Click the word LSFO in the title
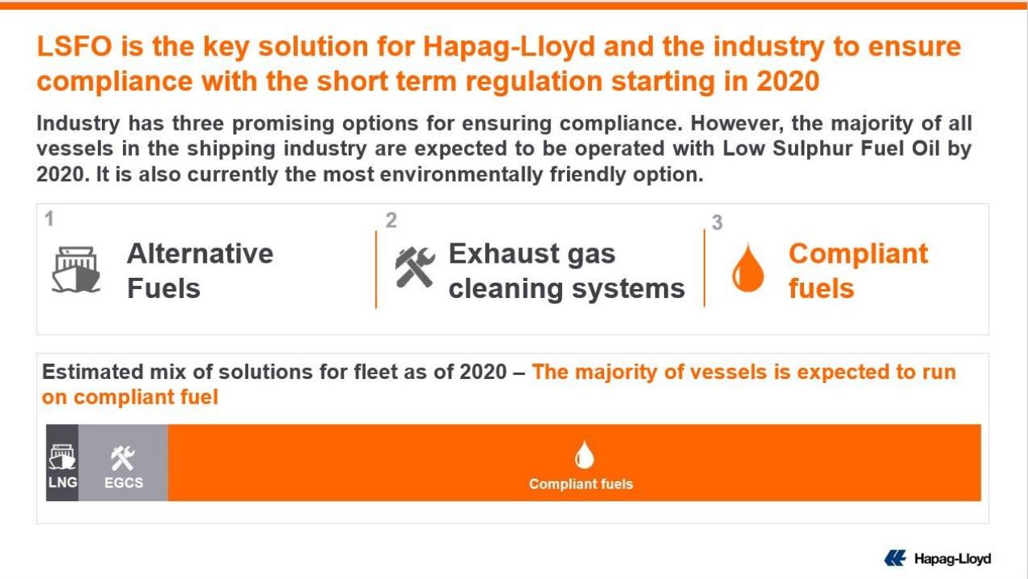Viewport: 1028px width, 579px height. (x=75, y=47)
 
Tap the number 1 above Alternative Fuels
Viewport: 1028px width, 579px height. (x=49, y=218)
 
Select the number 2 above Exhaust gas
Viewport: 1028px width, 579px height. (x=391, y=220)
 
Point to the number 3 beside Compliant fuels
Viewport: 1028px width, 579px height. (x=717, y=222)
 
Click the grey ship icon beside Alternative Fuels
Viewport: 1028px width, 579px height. (x=75, y=269)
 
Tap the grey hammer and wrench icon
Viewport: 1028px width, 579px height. (x=414, y=267)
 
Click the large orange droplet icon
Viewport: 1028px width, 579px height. (x=748, y=268)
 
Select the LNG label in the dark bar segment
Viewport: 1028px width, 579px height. (x=63, y=482)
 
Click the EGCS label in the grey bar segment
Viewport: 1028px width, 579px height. (x=124, y=483)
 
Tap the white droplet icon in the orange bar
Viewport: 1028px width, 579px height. (x=584, y=455)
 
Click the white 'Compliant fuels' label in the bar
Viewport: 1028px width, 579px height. (x=581, y=484)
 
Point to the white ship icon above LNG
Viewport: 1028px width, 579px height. (x=62, y=457)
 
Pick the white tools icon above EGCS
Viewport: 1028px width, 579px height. (x=123, y=458)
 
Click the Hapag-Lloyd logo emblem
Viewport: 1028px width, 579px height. (x=895, y=558)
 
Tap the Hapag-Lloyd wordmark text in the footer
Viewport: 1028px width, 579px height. (x=953, y=559)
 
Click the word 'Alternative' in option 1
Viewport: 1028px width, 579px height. (x=200, y=254)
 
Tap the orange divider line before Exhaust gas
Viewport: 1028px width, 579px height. (x=376, y=269)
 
